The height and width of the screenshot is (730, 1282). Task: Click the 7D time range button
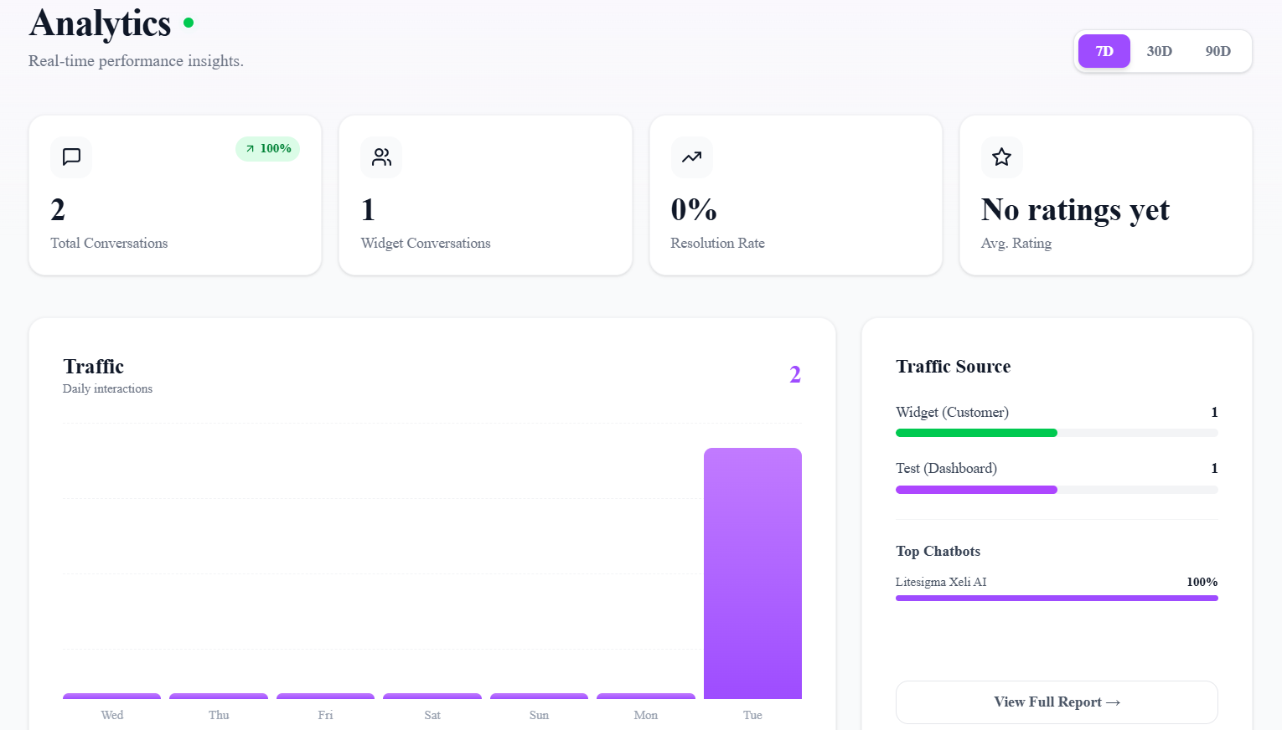coord(1104,51)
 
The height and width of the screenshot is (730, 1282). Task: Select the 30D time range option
coord(1159,51)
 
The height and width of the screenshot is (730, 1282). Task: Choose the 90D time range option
coord(1217,51)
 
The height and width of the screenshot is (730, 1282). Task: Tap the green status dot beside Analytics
coord(189,23)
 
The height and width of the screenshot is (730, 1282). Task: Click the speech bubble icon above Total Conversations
coord(71,157)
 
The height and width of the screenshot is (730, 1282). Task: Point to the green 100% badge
coord(268,148)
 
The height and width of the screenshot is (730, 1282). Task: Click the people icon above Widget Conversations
coord(381,157)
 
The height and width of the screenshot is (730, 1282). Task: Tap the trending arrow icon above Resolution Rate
coord(691,157)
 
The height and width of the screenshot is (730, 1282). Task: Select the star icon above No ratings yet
coord(1001,157)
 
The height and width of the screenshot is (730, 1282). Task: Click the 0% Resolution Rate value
coord(694,209)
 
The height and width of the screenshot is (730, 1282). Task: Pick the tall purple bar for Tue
coord(752,573)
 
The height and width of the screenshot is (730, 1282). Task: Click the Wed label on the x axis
coord(112,715)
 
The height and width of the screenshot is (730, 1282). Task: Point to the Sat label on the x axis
coord(432,715)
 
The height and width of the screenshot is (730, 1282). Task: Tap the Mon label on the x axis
coord(645,715)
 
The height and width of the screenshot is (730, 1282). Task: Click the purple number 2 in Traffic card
coord(795,374)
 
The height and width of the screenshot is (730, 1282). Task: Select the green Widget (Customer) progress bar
coord(976,433)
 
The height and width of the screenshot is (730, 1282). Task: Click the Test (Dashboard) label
coord(946,468)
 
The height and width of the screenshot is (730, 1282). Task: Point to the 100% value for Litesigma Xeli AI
coord(1202,582)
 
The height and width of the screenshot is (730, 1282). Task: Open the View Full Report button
coord(1057,702)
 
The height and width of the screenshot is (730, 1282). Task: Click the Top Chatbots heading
coord(938,551)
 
